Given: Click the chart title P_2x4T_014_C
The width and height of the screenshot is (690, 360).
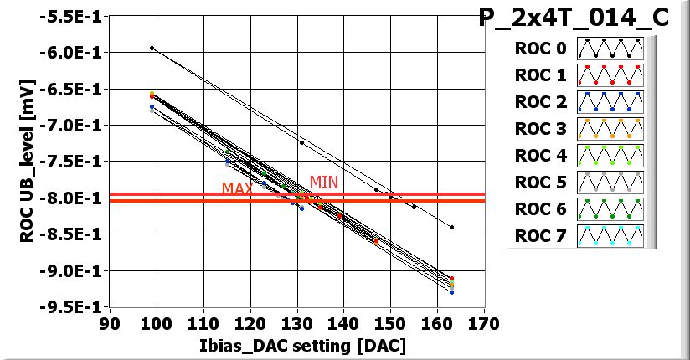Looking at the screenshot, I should (574, 18).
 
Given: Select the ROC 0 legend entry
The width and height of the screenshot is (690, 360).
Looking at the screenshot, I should (540, 49).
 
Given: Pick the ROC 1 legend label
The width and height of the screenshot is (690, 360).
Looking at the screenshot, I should (540, 75).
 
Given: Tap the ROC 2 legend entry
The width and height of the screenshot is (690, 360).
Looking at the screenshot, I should (540, 102).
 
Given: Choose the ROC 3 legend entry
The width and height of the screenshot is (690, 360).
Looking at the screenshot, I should (540, 129).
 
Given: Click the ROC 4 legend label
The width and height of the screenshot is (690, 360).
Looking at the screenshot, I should (540, 156).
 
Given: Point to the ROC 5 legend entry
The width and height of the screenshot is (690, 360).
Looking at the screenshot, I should (540, 183).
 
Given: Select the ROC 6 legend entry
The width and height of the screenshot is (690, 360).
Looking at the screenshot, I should (540, 209).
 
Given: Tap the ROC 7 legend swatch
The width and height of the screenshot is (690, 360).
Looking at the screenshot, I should (610, 236).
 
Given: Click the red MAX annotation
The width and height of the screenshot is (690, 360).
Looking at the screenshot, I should (238, 188).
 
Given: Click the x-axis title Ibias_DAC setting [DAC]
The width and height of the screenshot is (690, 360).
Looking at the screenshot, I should (293, 345).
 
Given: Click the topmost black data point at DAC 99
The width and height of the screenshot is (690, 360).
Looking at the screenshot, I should (152, 48).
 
